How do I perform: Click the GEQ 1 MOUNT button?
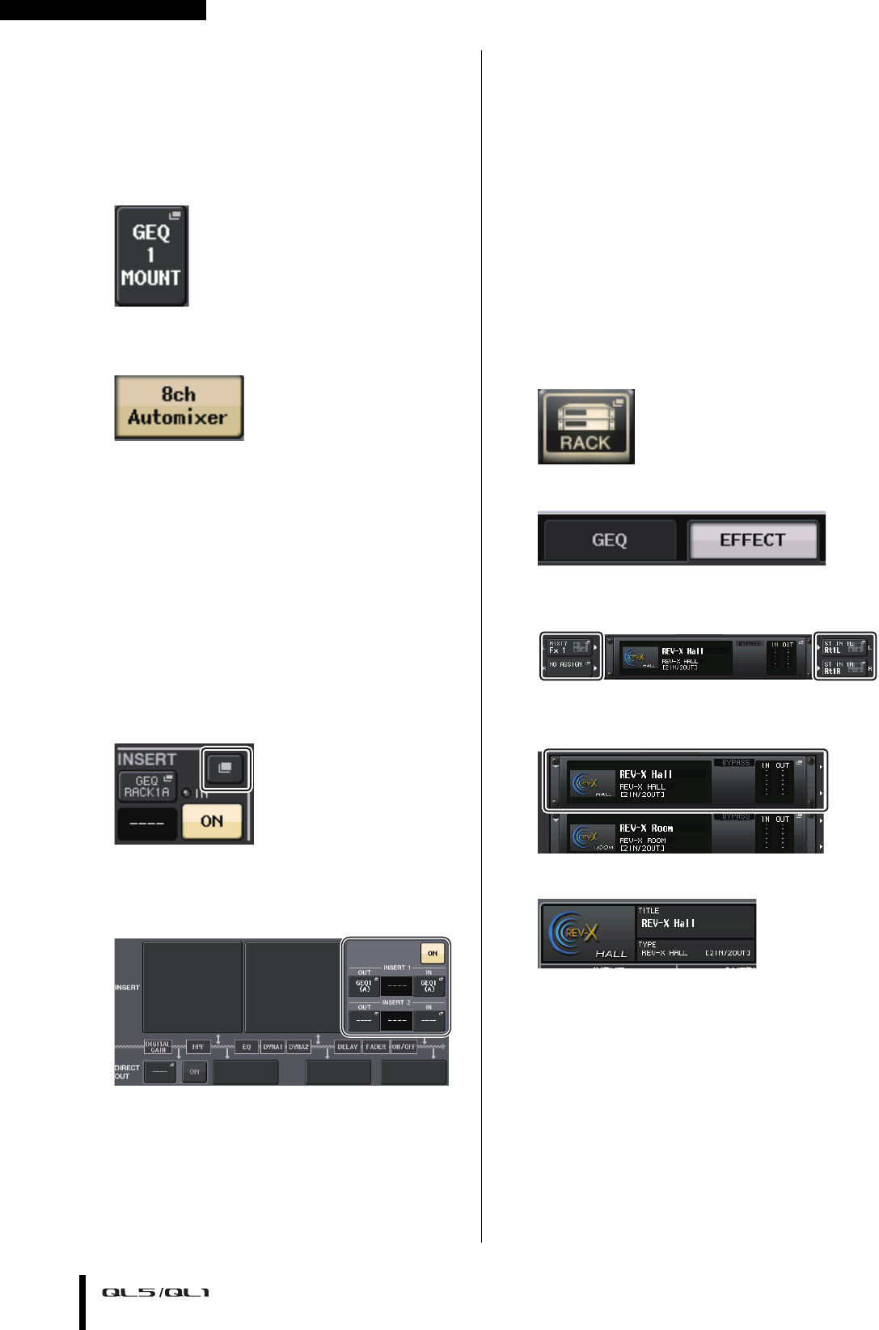tap(151, 256)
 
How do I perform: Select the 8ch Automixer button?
tap(178, 407)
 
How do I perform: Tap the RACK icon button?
tap(585, 426)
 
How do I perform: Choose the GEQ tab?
tap(609, 540)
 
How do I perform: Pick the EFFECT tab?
tap(752, 540)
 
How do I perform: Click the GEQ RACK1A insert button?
tap(146, 786)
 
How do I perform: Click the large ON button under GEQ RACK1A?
tap(212, 821)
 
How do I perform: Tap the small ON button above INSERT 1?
tap(433, 953)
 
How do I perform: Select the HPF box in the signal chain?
tap(198, 1047)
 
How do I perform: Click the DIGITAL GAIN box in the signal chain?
tap(158, 1047)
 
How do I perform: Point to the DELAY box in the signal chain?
tap(348, 1047)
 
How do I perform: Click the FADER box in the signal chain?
tap(376, 1047)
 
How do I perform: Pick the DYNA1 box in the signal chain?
tap(273, 1047)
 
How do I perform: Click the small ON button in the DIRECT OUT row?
tap(194, 1072)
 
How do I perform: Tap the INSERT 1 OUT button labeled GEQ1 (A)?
tap(364, 985)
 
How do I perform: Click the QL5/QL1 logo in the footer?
tap(155, 1293)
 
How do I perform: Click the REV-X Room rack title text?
tap(646, 828)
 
